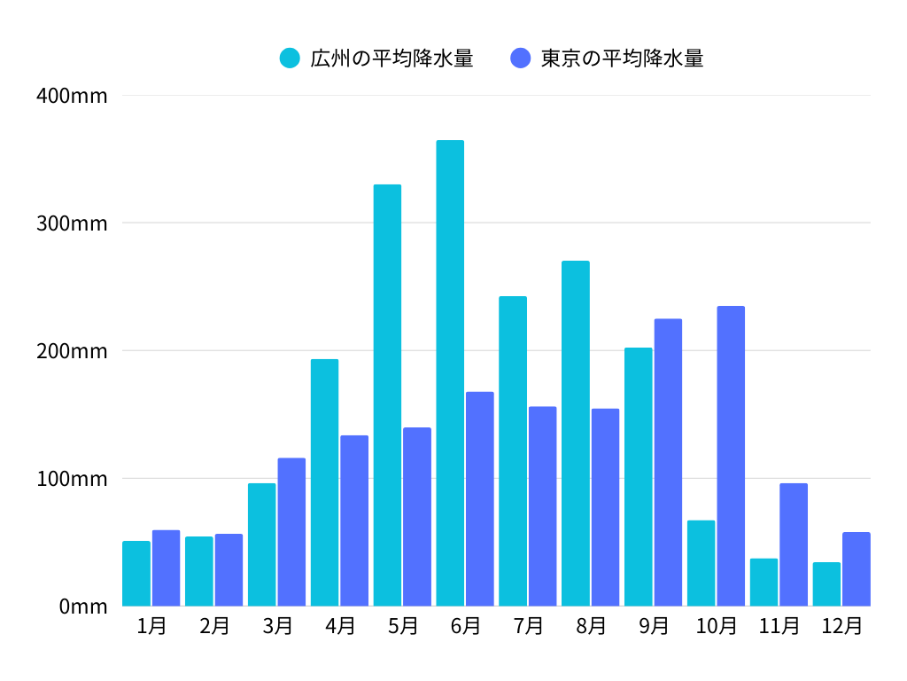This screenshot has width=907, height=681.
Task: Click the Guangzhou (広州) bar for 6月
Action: point(450,372)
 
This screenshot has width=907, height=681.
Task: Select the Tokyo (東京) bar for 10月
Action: point(731,456)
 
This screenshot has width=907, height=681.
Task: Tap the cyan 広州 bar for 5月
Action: point(387,395)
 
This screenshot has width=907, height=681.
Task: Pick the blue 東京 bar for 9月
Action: point(668,462)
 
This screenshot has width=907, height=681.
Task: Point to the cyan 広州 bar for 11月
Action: point(764,582)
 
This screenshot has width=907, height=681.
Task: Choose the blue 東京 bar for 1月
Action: point(166,567)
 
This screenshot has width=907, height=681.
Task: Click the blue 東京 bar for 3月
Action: point(291,531)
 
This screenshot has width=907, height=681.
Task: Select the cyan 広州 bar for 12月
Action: point(826,583)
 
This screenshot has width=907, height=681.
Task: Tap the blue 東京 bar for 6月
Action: point(479,498)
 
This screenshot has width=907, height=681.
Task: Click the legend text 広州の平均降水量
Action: point(391,59)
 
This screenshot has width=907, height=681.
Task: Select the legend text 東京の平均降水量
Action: point(622,59)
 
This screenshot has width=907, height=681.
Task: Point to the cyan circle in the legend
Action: point(290,59)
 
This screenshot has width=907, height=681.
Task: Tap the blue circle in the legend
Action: point(521,59)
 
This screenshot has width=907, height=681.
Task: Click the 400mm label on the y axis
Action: point(72,96)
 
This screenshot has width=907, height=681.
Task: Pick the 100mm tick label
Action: point(72,479)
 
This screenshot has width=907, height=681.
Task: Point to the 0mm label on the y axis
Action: point(83,607)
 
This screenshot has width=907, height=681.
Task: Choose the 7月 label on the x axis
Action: point(528,626)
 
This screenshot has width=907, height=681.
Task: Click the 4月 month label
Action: point(340,626)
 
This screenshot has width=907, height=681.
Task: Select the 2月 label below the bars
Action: point(214,626)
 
